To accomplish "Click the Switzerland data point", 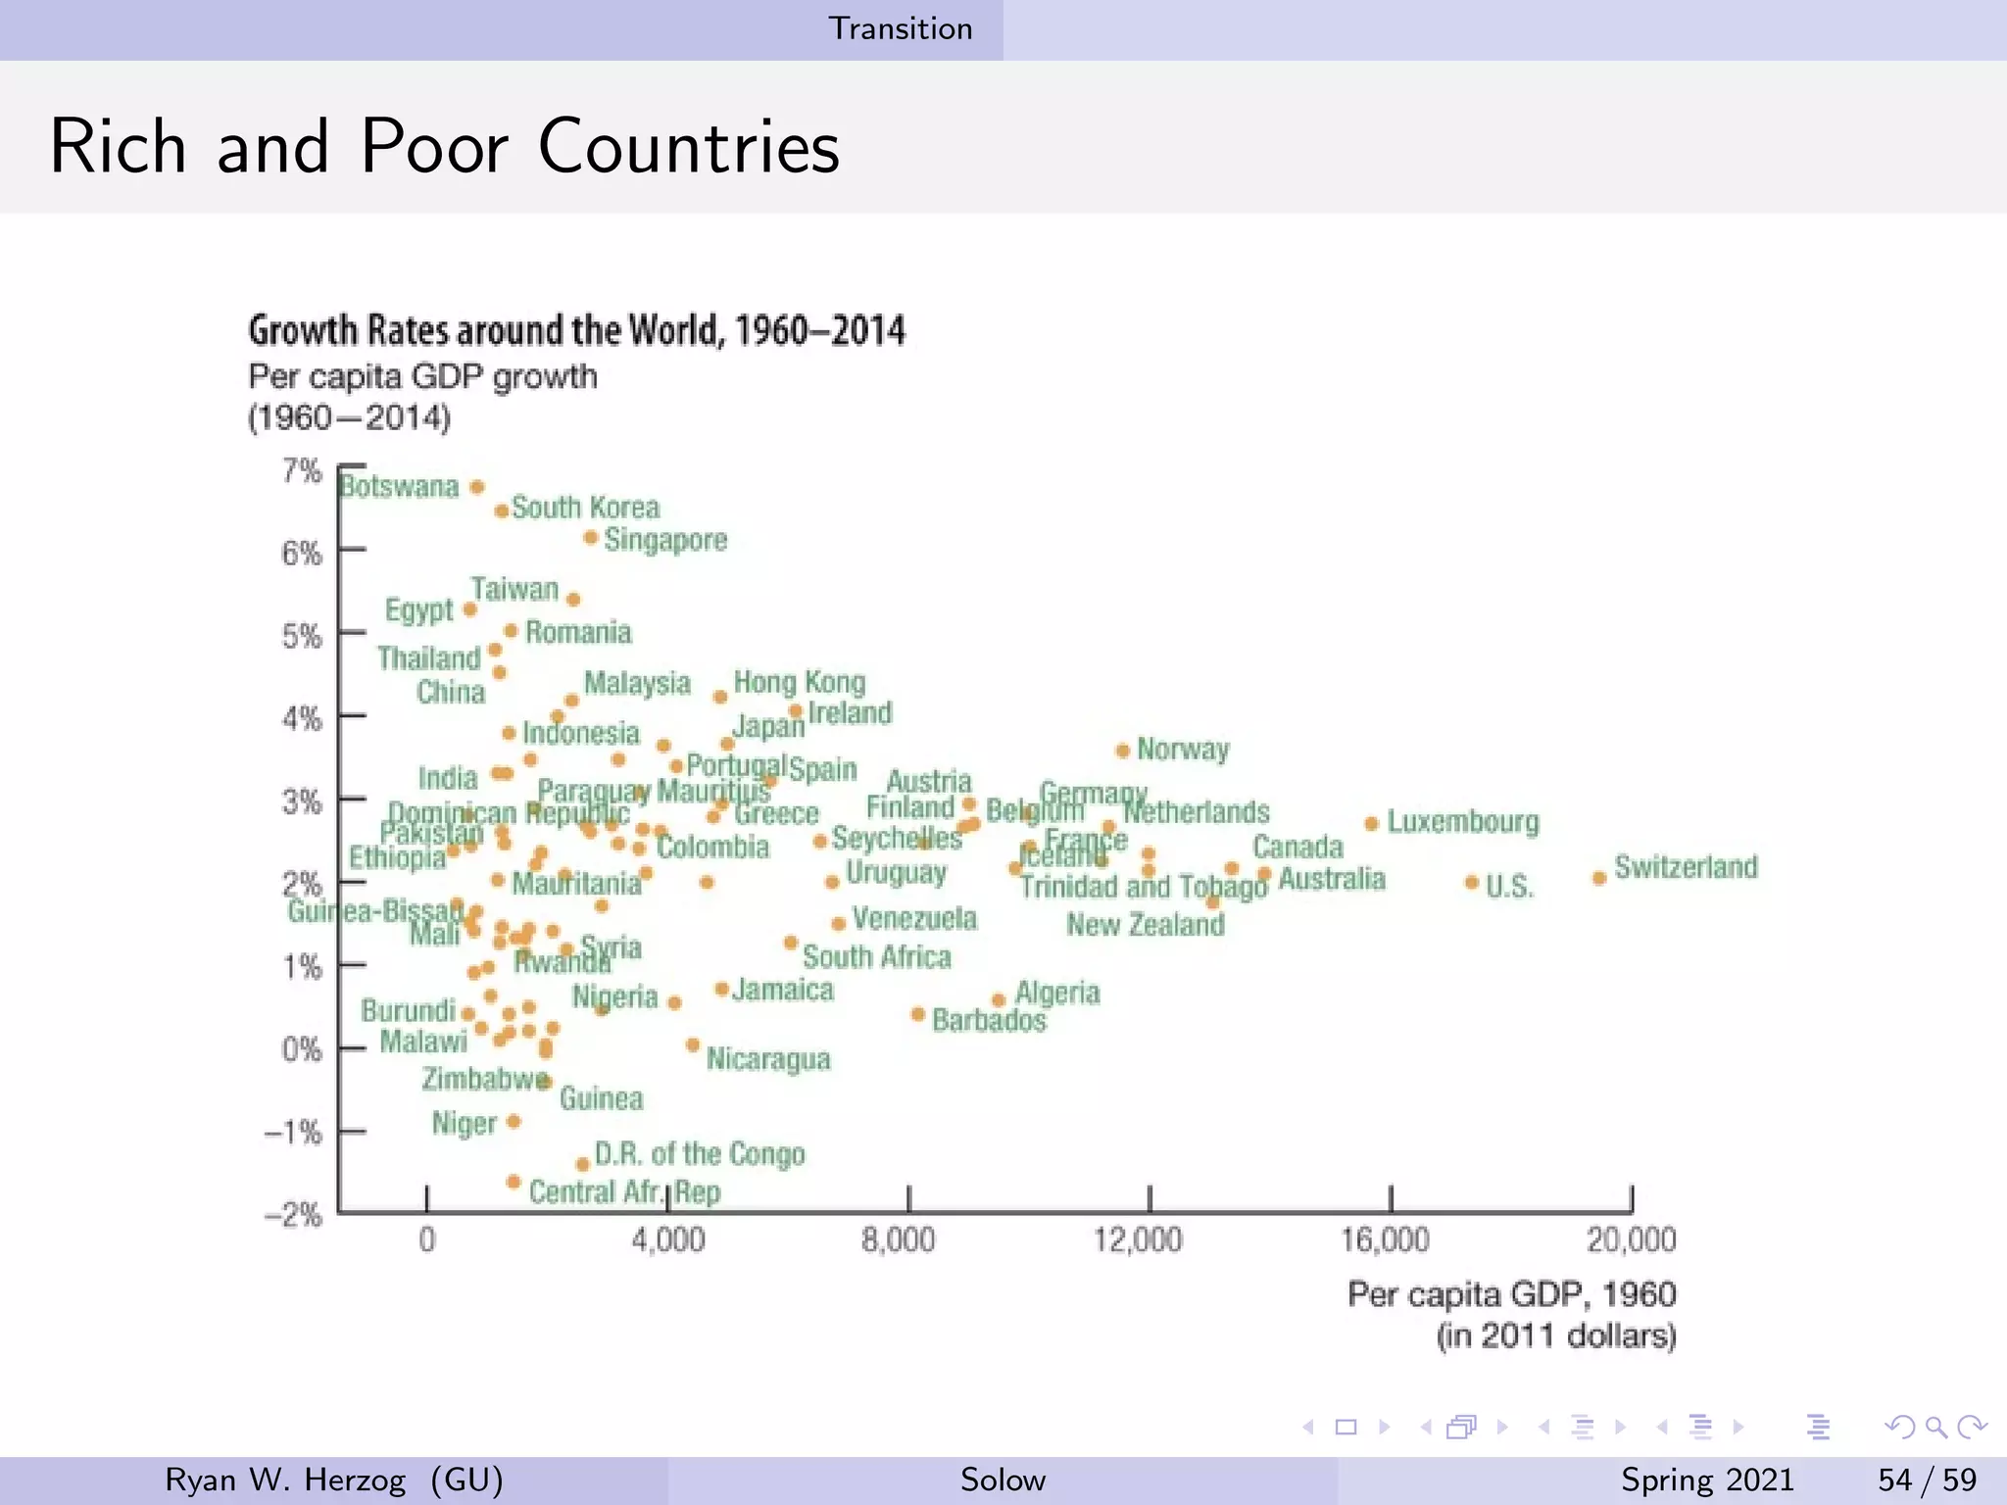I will (x=1599, y=878).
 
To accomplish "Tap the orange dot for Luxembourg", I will (x=1372, y=824).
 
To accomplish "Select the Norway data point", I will (x=1123, y=752).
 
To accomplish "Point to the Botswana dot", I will (x=477, y=487).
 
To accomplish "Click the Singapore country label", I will (x=665, y=540).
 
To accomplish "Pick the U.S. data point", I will (x=1472, y=883).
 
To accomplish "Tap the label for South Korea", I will (x=586, y=508).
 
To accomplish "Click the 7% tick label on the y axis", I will (x=302, y=471).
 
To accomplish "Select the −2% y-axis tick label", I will (x=293, y=1216).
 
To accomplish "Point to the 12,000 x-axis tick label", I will (x=1138, y=1240).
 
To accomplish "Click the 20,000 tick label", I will (x=1632, y=1240).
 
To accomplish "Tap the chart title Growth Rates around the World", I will (x=576, y=330).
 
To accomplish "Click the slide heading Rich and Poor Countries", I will (x=444, y=146).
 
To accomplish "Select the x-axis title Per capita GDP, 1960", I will (x=1512, y=1295).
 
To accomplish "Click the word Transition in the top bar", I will (x=901, y=28).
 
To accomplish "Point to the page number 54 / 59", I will (x=1927, y=1480).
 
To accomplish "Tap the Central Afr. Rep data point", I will (x=513, y=1182).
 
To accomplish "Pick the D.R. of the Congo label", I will (x=700, y=1154).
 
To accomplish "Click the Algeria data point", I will (x=999, y=1000).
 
